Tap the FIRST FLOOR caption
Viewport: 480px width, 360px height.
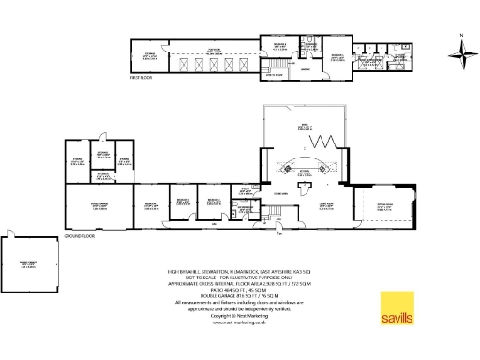142,79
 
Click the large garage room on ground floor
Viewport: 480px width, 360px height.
97,206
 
